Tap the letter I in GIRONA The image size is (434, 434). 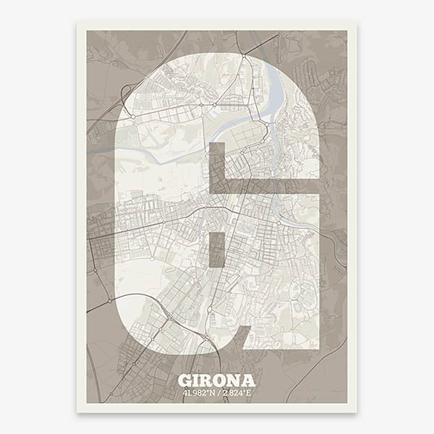click(x=198, y=380)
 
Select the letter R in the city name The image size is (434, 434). click(x=210, y=380)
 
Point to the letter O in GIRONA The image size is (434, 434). click(x=224, y=380)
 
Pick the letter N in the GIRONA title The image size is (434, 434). click(x=237, y=380)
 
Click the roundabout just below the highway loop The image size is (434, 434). click(x=132, y=116)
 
